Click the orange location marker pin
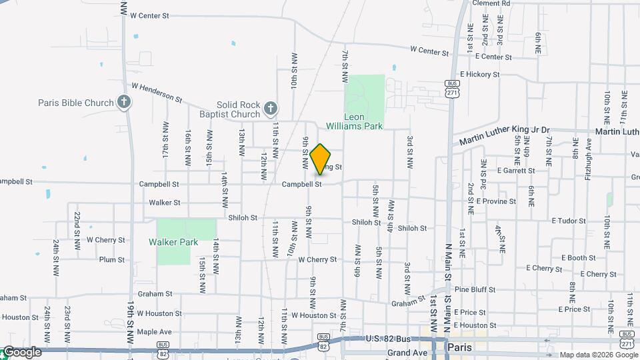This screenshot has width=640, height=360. point(321,158)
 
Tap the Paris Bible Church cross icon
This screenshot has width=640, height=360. point(123,102)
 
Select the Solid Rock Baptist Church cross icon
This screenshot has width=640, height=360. point(270,108)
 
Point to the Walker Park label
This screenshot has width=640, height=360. point(173,242)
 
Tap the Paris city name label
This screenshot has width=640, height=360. point(460,347)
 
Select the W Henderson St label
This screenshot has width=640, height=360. point(157,92)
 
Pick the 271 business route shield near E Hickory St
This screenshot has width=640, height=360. point(452,88)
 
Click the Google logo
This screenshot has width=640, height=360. point(22,352)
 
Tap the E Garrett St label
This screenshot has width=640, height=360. point(516,171)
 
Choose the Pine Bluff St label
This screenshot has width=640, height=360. point(475,290)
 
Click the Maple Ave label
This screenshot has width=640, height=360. point(154,331)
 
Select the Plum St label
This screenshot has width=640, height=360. point(111,259)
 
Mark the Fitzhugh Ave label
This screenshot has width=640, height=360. point(588,165)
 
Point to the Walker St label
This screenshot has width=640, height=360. point(164,202)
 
